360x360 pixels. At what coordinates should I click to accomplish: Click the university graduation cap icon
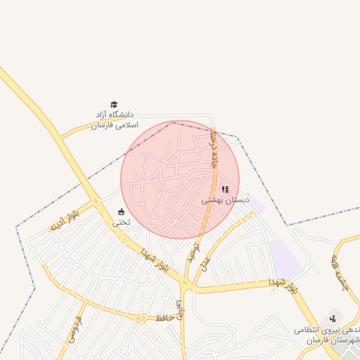[114, 104]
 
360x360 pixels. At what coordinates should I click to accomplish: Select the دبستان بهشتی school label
[226, 200]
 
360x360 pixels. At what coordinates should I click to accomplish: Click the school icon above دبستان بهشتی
[225, 188]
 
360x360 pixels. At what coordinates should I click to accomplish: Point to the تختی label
[122, 222]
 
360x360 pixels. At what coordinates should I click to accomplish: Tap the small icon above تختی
[121, 212]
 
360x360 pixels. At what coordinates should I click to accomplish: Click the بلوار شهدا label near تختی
[155, 260]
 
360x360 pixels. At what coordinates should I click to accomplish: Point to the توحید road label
[193, 252]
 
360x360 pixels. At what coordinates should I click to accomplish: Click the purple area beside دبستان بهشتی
[256, 206]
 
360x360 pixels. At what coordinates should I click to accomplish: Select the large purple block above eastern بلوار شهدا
[285, 256]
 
